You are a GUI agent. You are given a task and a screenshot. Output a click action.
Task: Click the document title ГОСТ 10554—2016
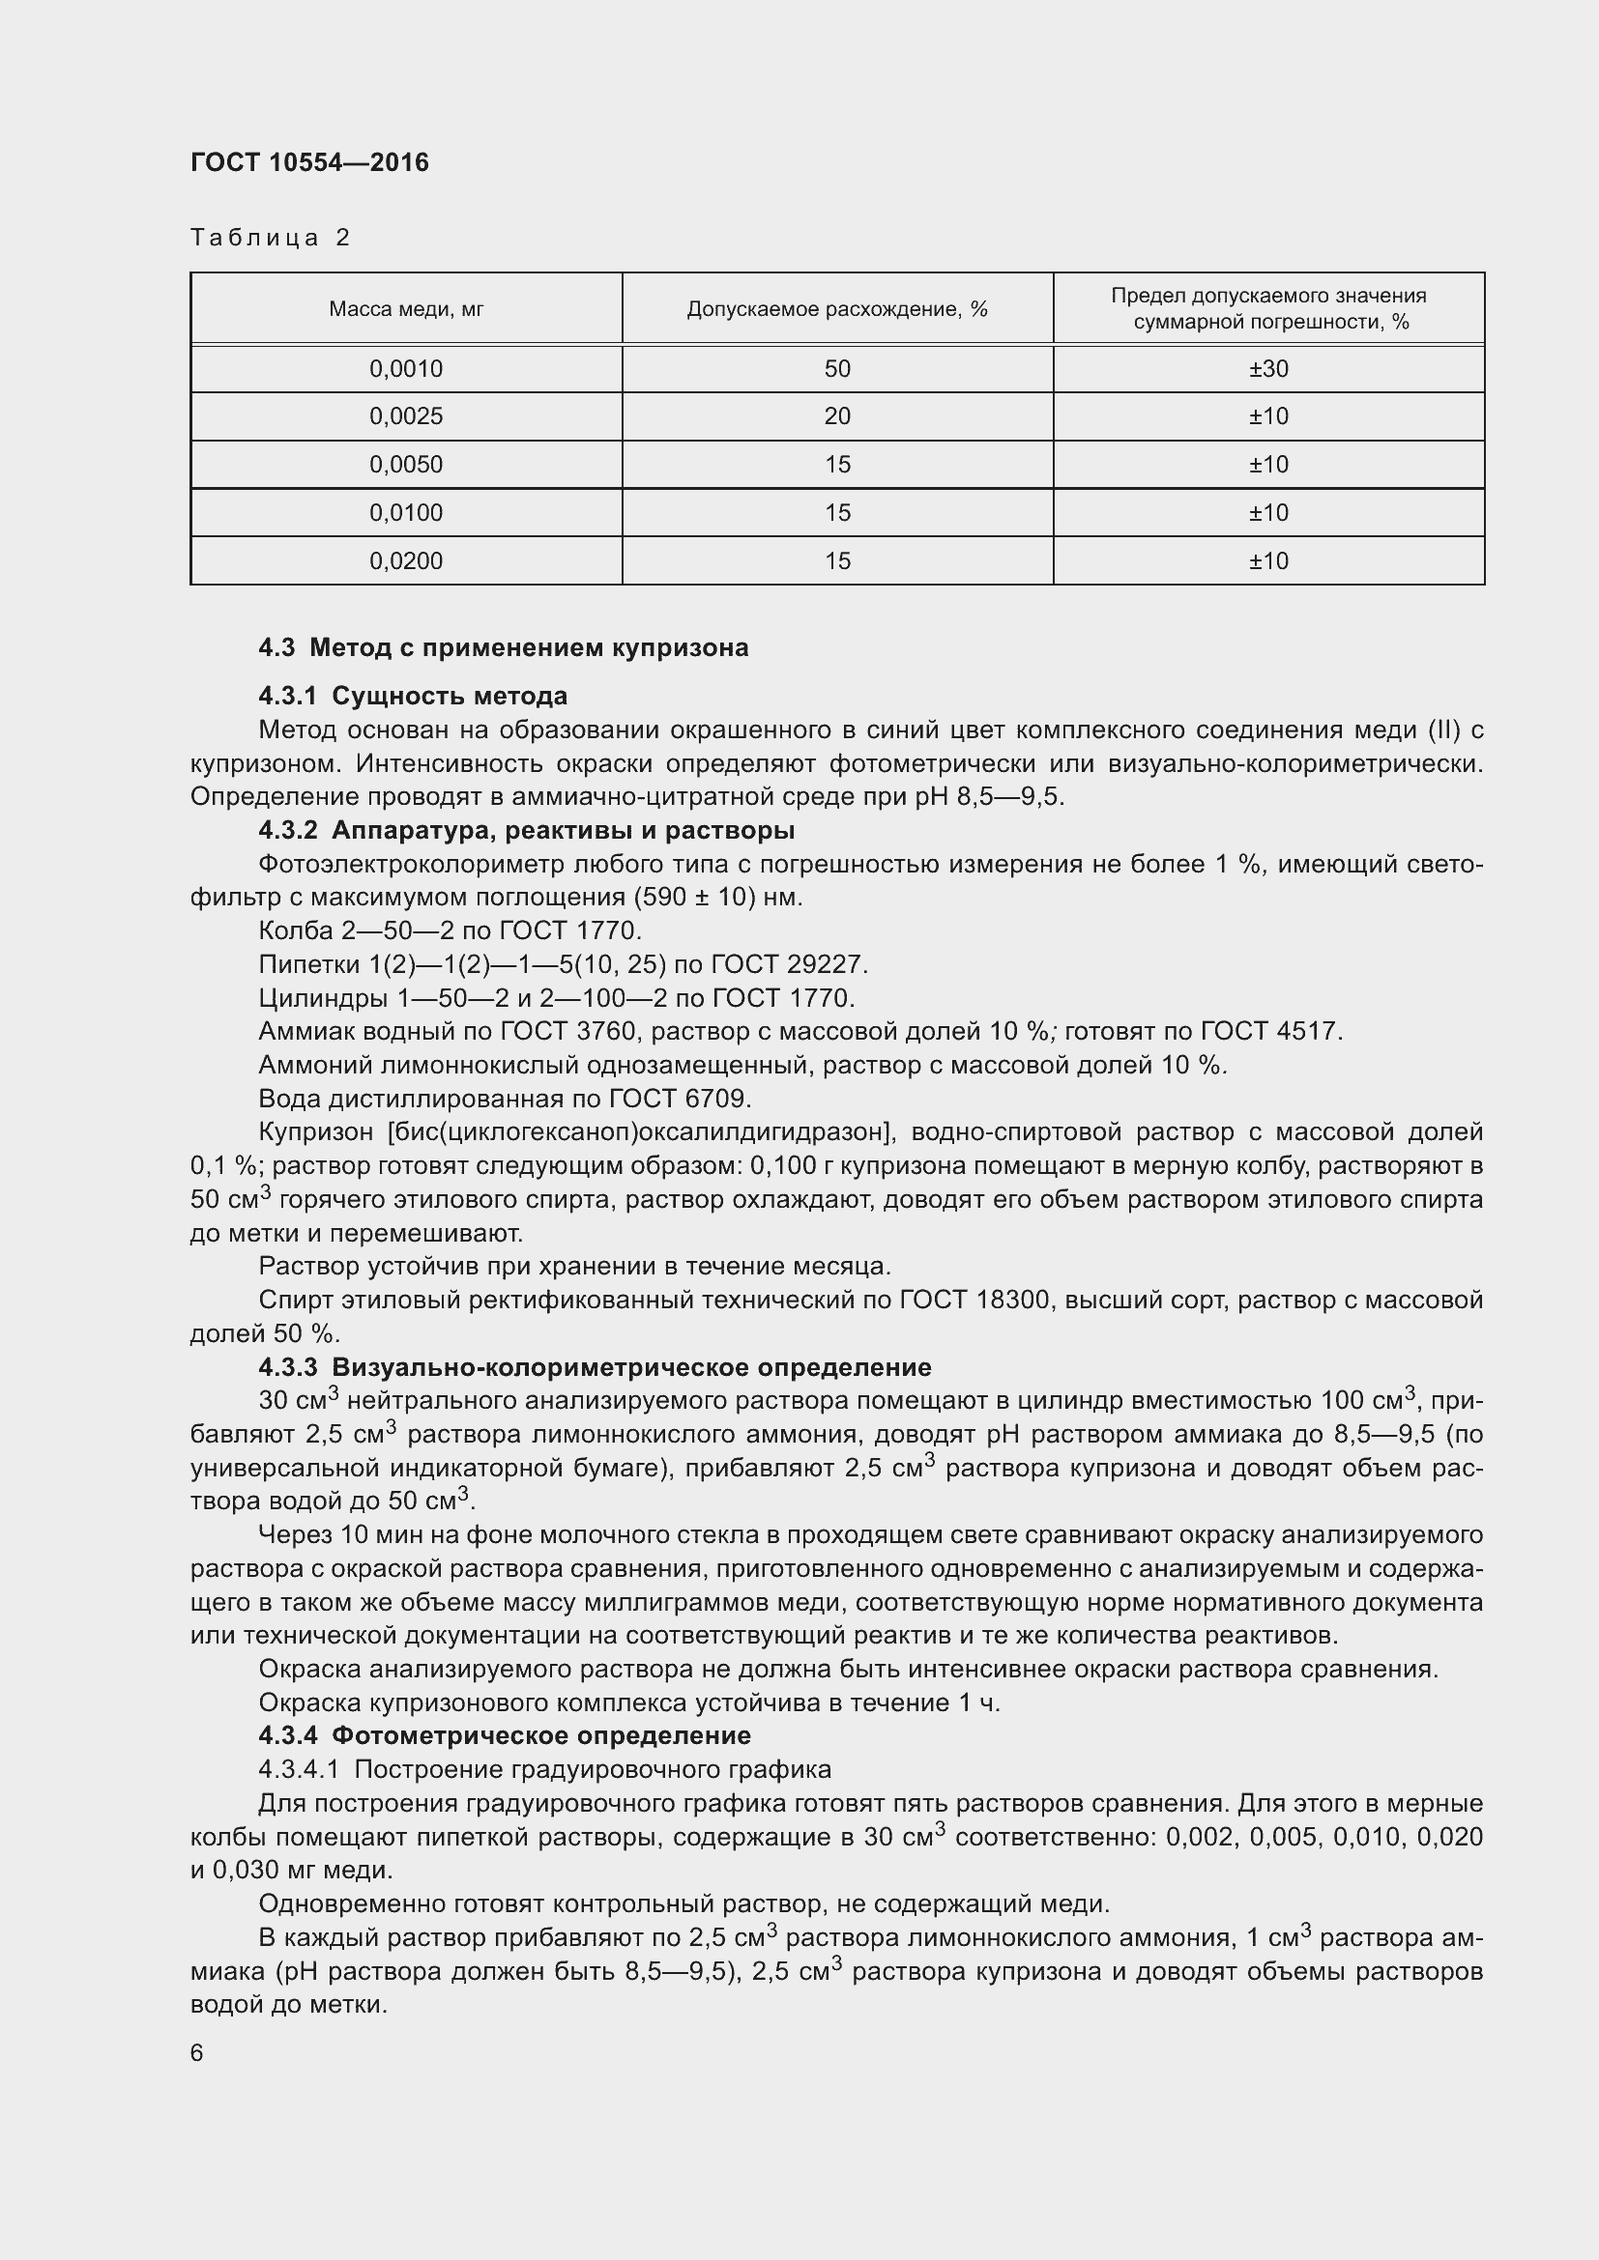[x=309, y=162]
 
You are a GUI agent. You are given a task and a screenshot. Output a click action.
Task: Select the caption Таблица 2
[x=270, y=238]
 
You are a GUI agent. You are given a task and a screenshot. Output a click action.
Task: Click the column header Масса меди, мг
[x=406, y=309]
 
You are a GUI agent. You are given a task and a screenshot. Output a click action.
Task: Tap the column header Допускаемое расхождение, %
[x=837, y=309]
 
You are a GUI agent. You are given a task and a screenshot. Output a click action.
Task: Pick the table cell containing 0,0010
[x=406, y=369]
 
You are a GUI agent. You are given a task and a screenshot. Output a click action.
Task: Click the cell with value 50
[x=837, y=369]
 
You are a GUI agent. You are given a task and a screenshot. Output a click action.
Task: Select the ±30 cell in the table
[x=1268, y=369]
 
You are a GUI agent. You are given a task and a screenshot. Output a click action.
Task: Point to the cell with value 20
[x=837, y=416]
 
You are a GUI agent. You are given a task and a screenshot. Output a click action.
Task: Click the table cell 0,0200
[x=406, y=561]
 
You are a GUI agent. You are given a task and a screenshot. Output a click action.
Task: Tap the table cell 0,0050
[x=406, y=465]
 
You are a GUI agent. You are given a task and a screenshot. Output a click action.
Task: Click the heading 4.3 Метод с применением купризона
[x=503, y=647]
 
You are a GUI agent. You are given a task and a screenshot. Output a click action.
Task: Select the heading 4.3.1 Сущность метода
[x=413, y=696]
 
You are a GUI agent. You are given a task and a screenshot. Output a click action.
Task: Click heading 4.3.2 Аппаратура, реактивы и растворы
[x=526, y=831]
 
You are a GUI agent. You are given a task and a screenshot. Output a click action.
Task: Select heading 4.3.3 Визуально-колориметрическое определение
[x=595, y=1367]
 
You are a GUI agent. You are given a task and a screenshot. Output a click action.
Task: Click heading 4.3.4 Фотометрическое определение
[x=504, y=1735]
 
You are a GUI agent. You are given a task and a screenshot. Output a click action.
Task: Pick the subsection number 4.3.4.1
[x=299, y=1770]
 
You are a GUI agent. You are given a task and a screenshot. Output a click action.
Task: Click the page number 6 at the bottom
[x=197, y=2053]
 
